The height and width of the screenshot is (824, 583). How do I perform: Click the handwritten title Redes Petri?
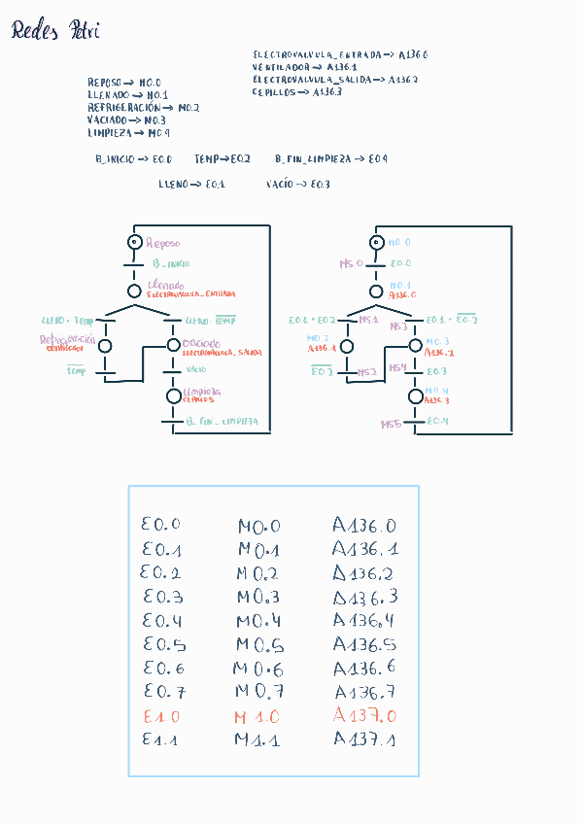[x=55, y=33]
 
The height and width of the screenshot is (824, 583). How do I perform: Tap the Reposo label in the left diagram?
[x=163, y=243]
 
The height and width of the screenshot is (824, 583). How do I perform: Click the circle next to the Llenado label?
[x=134, y=290]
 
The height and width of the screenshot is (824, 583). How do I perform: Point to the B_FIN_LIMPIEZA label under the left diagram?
[x=222, y=423]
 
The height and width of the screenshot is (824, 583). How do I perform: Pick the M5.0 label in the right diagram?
[x=350, y=263]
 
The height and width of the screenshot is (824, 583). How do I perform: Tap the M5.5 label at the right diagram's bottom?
[x=391, y=425]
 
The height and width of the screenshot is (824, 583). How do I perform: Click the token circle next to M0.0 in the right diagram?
[x=377, y=242]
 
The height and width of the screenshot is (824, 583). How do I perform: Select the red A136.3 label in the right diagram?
[x=437, y=400]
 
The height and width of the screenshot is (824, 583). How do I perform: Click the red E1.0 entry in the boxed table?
[x=160, y=716]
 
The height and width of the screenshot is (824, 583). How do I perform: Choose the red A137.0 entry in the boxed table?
[x=364, y=715]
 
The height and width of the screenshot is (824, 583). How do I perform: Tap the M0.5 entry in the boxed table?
[x=259, y=646]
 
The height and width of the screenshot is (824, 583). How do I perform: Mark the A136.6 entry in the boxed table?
[x=365, y=669]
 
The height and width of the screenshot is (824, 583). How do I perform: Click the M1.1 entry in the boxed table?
[x=257, y=739]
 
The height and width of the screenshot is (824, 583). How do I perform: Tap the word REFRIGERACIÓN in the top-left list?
[x=123, y=108]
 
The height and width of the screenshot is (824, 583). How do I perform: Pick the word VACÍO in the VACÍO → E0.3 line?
[x=279, y=184]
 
